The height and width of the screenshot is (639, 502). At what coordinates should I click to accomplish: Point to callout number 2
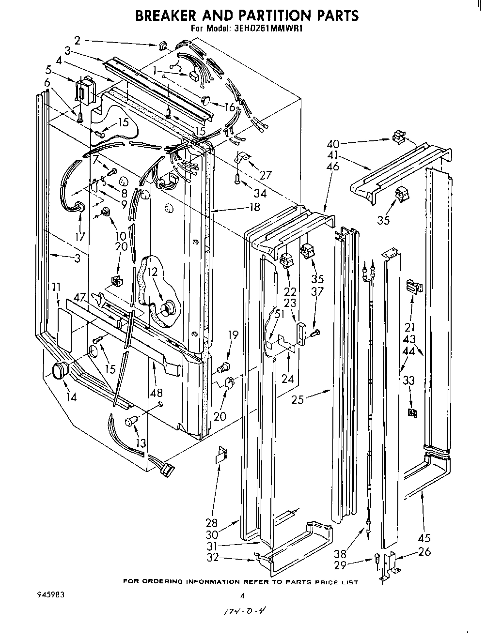(77, 40)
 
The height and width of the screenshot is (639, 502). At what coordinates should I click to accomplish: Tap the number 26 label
(424, 551)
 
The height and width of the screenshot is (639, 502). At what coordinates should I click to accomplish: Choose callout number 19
(233, 334)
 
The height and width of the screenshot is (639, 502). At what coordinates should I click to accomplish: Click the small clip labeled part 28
(221, 455)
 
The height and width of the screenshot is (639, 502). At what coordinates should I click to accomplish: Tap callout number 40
(333, 143)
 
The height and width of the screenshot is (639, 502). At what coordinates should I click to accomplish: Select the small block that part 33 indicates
(412, 413)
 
